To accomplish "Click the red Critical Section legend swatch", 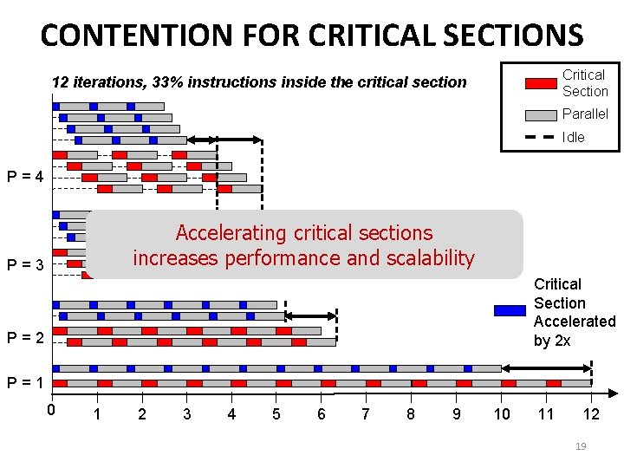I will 541,84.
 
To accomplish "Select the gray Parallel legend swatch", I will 541,114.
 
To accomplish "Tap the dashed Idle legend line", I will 541,137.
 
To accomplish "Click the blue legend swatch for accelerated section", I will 510,311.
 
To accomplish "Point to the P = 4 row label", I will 26,177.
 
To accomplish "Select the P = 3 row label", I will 26,265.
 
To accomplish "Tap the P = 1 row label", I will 26,382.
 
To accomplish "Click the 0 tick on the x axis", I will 52,410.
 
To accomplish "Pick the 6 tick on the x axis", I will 321,414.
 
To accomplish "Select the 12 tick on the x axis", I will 590,414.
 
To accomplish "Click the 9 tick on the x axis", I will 456,414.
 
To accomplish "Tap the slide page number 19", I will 581,446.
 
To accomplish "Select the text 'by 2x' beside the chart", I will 552,341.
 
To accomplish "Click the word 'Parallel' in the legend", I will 585,114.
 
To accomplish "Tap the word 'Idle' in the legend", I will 573,137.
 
